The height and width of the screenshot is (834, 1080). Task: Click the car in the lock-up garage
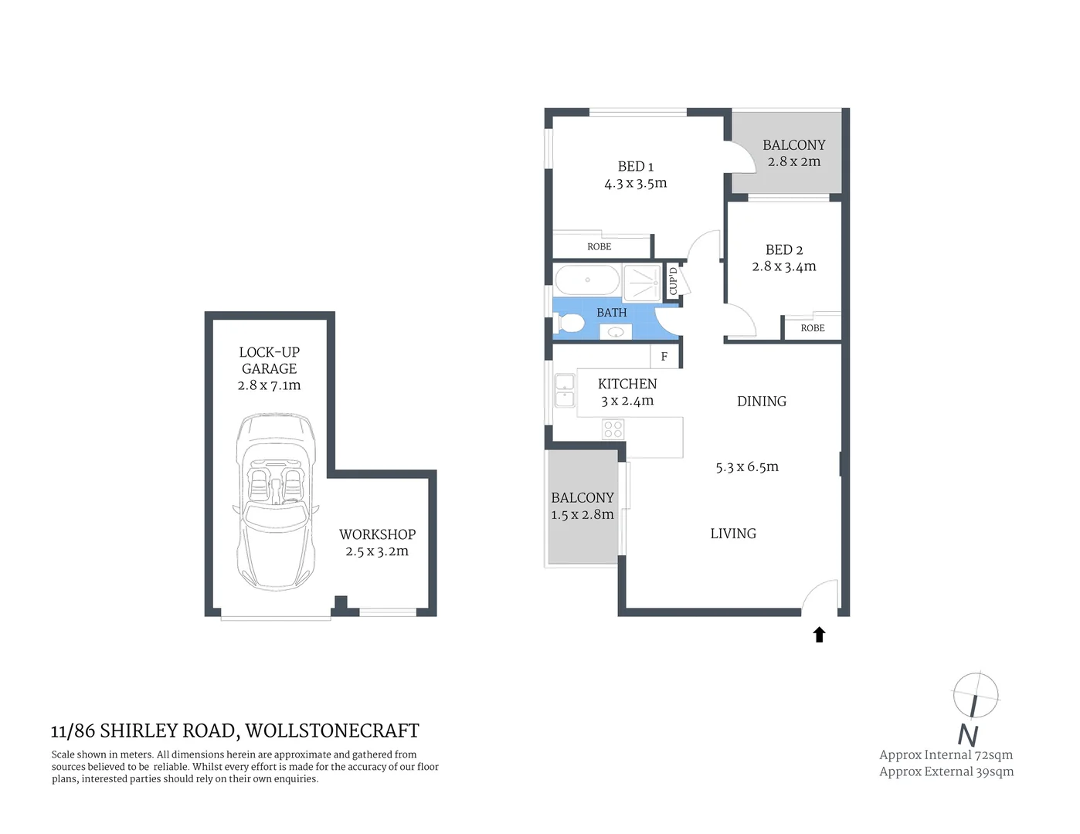(275, 502)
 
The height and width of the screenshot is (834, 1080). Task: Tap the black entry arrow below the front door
(819, 635)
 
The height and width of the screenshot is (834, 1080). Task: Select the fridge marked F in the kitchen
(664, 357)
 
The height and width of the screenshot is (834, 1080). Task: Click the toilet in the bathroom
(569, 324)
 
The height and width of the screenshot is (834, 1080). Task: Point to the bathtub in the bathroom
(587, 280)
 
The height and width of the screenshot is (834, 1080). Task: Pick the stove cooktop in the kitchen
(613, 429)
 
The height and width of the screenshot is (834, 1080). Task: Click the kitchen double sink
(565, 391)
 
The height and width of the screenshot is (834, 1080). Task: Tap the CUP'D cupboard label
(673, 281)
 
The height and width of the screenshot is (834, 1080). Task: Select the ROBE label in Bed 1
(599, 247)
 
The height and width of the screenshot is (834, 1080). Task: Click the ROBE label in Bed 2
(813, 328)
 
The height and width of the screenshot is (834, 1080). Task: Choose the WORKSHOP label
(377, 534)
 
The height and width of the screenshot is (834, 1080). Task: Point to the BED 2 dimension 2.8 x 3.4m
(784, 266)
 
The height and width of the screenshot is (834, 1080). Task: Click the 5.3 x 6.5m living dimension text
(747, 467)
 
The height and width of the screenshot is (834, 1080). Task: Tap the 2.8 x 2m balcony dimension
(794, 162)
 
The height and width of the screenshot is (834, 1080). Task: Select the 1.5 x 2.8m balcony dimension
(582, 515)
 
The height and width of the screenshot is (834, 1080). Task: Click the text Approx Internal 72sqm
(946, 755)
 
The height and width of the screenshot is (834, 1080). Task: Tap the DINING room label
(762, 402)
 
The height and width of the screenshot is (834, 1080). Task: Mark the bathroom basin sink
(616, 333)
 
